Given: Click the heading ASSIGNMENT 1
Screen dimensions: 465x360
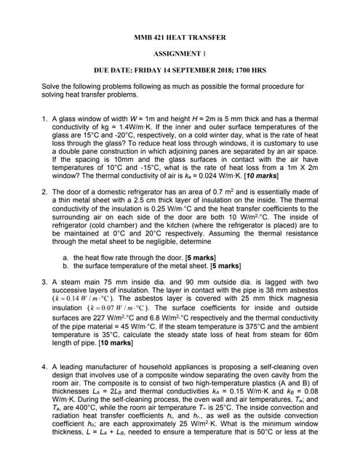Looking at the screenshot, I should [x=180, y=54].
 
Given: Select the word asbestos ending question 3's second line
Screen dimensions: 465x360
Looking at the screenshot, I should [x=303, y=289].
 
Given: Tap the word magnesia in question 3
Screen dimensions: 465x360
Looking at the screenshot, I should [x=303, y=299].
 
